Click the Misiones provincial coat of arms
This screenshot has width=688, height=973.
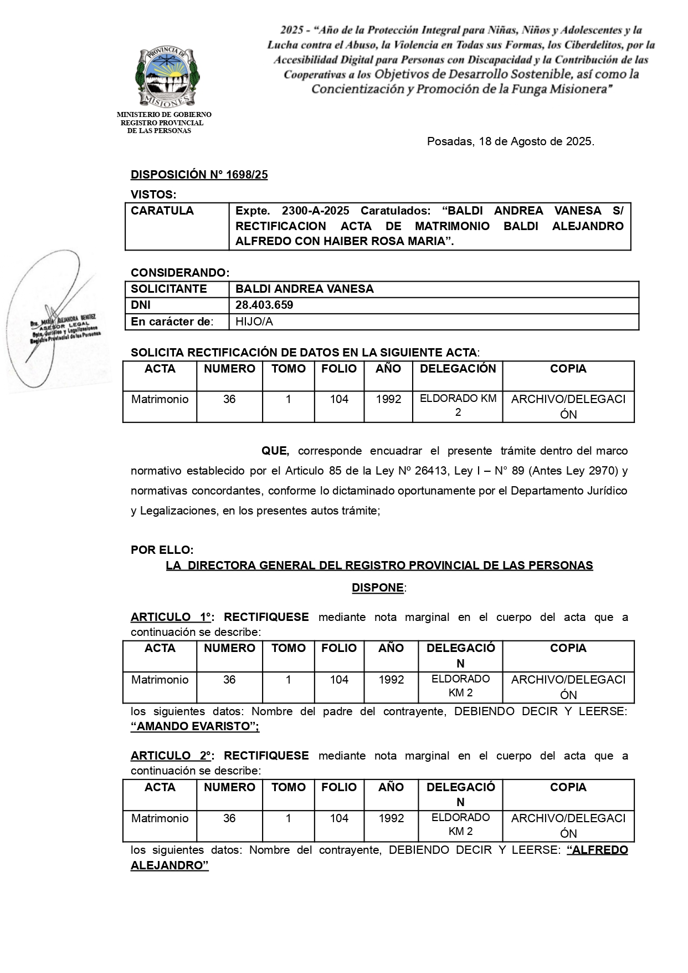point(167,77)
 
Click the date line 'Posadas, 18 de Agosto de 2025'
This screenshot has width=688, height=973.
point(510,141)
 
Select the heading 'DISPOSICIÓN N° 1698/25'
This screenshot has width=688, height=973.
point(199,175)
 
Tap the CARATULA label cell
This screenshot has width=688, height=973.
point(177,226)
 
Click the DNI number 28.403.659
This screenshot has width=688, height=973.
point(264,305)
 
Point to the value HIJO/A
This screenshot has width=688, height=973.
point(254,322)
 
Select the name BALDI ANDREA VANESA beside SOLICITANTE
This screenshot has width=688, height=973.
point(305,289)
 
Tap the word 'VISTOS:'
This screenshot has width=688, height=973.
point(153,195)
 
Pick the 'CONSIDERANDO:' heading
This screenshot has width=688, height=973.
point(180,273)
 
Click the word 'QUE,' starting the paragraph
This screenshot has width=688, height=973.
point(275,451)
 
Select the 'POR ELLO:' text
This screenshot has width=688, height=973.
point(162,550)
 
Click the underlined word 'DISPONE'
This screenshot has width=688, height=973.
point(378,588)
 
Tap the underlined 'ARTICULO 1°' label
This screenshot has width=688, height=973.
point(172,617)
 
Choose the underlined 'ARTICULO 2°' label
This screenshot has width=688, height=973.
point(172,756)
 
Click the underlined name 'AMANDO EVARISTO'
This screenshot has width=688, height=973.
point(195,726)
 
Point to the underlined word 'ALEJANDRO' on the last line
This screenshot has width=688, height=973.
point(169,865)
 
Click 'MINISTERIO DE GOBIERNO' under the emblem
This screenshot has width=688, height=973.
point(164,115)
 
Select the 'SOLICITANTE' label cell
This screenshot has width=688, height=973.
point(169,289)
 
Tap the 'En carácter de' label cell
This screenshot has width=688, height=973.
point(172,322)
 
